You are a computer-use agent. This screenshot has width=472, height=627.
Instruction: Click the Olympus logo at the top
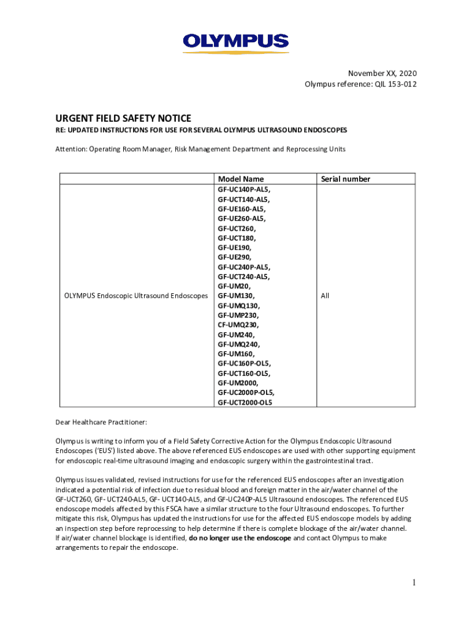click(235, 42)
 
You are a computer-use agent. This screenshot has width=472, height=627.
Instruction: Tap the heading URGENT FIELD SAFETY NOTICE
click(123, 118)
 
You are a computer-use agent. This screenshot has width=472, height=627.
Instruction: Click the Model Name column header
click(241, 179)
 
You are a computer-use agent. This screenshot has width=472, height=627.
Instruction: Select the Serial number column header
click(345, 179)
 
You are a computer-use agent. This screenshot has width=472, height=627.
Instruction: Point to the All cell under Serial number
click(325, 296)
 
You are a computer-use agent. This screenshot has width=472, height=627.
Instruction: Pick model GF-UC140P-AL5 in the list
click(243, 189)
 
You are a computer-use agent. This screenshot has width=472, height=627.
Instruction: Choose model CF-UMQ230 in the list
click(238, 325)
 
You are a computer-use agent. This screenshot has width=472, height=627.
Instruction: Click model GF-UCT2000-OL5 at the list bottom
click(245, 402)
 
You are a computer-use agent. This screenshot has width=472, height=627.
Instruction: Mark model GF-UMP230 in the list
click(238, 315)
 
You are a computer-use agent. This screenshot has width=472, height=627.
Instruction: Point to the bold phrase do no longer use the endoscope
click(240, 538)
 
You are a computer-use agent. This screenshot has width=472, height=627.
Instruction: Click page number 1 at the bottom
click(414, 582)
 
